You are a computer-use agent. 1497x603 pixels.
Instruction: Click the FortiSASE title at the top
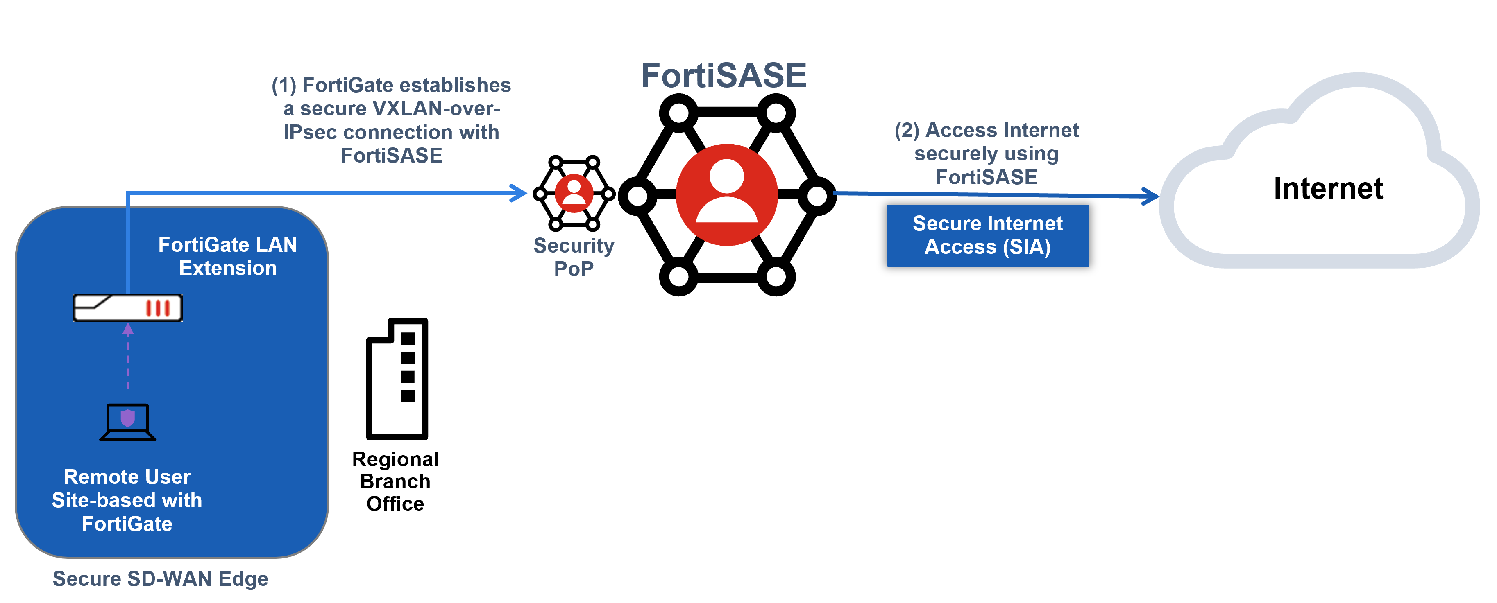(x=724, y=75)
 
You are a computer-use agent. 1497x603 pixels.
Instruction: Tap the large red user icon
(x=726, y=194)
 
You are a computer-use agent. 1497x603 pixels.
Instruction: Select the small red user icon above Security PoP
(x=574, y=194)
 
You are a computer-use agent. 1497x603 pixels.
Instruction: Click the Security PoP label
(x=574, y=257)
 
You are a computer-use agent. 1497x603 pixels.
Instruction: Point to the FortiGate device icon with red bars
(x=127, y=308)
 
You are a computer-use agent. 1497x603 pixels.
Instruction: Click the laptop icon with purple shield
(x=127, y=422)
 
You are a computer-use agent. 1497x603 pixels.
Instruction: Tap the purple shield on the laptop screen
(x=127, y=418)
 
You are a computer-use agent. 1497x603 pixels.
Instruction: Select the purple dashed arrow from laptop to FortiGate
(x=128, y=357)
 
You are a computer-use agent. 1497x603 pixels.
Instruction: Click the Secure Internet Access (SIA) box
(x=987, y=235)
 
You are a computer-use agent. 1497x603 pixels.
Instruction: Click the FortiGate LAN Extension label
(x=227, y=256)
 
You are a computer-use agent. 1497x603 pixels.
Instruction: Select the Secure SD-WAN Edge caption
(x=161, y=578)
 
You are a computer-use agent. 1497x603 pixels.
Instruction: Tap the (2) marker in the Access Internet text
(x=907, y=130)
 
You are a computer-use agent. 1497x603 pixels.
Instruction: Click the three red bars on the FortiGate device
(x=157, y=308)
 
